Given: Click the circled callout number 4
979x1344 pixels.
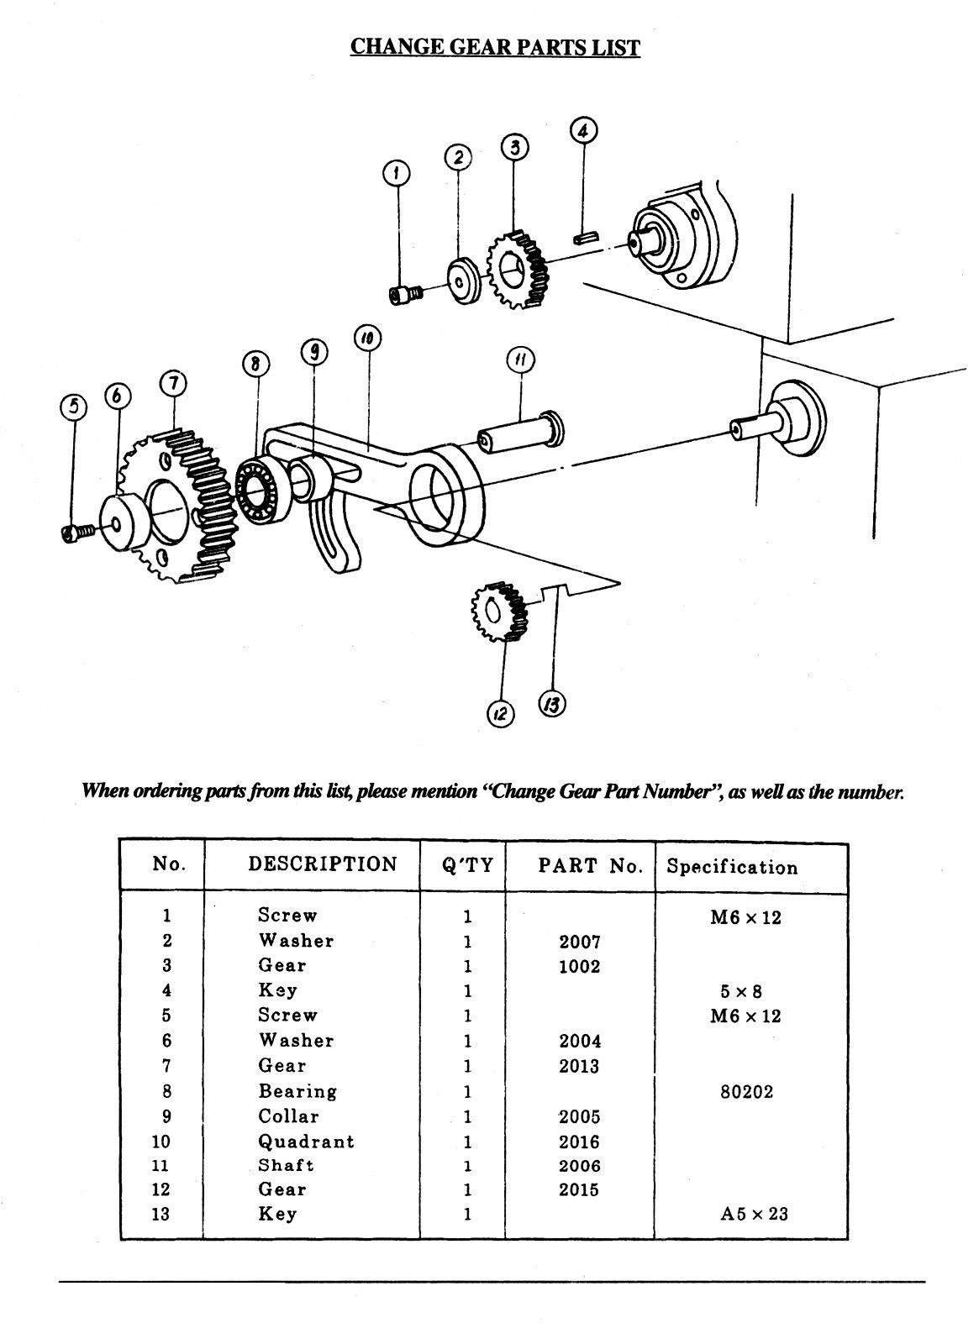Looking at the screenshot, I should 584,131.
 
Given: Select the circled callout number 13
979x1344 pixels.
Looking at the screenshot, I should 552,704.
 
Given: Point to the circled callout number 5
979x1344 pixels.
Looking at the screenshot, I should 74,407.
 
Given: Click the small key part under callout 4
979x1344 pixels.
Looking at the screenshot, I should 585,238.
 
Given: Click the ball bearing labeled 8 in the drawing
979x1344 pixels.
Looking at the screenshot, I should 263,492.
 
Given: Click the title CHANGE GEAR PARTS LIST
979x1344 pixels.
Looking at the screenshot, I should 495,46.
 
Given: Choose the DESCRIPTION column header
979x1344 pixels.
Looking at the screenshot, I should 322,864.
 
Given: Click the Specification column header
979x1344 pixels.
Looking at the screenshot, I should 732,867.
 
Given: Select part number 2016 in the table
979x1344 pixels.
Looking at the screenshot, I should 580,1142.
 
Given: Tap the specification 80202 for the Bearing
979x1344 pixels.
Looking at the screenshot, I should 746,1092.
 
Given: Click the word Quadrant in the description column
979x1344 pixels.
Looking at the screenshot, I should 306,1142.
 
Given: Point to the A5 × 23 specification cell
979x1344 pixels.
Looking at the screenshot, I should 754,1214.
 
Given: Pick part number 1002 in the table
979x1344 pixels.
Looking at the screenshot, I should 580,966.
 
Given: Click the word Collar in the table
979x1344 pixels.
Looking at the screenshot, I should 288,1116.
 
